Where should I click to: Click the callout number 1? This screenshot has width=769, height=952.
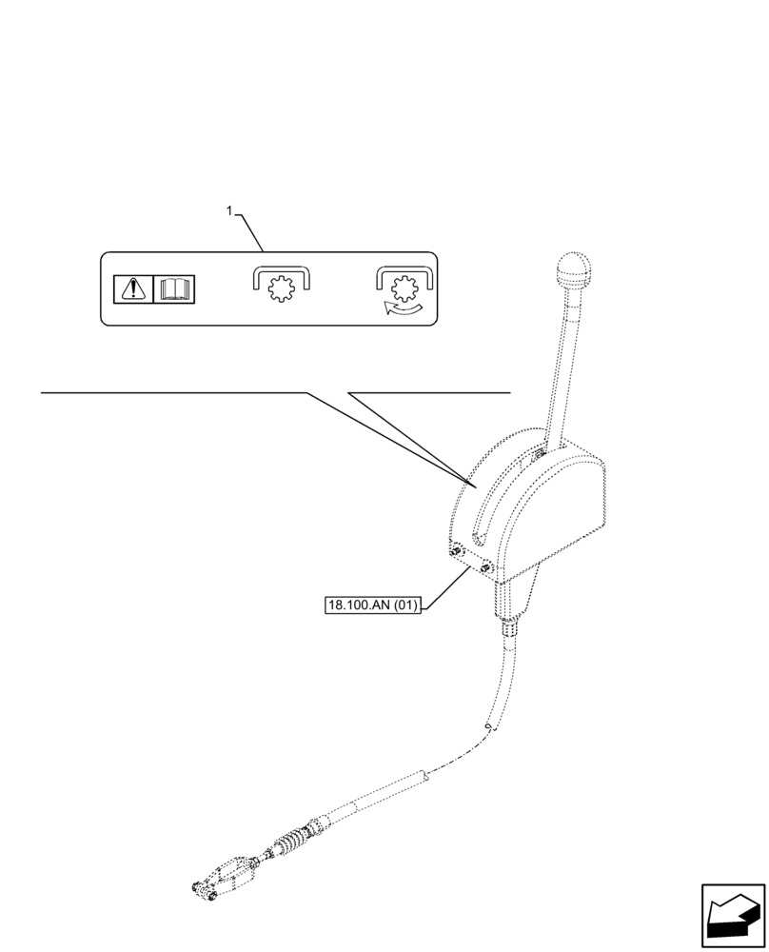point(229,210)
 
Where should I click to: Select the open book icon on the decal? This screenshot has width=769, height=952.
point(173,288)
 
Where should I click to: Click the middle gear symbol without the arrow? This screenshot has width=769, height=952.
point(282,288)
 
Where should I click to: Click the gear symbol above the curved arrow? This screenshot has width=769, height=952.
point(404,285)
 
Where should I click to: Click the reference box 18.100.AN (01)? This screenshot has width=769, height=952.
point(372,605)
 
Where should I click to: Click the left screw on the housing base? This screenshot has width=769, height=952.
point(454,551)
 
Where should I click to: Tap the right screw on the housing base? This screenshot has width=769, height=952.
point(484,568)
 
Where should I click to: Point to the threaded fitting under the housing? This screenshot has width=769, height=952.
point(509,626)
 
